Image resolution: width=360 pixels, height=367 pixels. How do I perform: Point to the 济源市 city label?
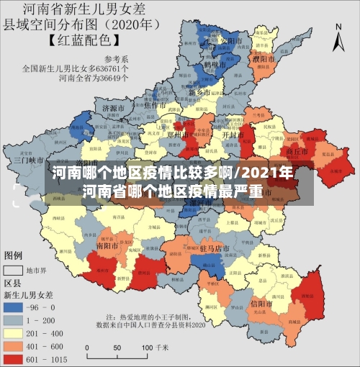click(114, 108)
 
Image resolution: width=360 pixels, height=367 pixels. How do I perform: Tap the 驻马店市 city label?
click(215, 248)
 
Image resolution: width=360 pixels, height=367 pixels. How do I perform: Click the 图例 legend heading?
click(15, 255)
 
